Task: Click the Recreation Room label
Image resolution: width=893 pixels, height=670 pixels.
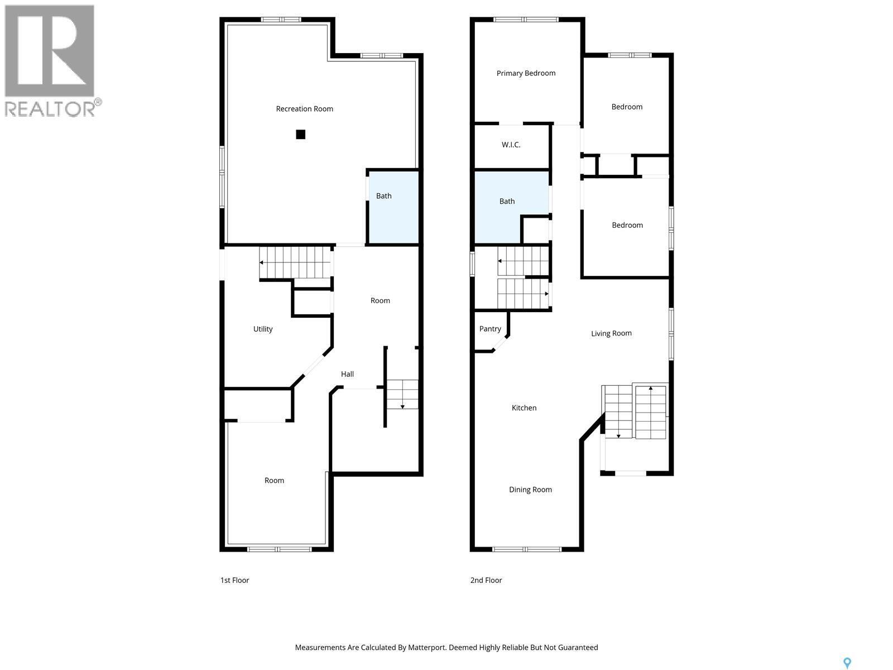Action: coord(304,109)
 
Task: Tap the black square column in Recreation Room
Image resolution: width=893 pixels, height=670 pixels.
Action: coord(301,134)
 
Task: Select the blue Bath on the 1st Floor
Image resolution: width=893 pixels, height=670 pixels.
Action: coord(392,207)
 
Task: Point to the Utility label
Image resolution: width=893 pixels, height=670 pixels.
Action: coord(263,329)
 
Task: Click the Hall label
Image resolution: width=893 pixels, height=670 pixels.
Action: coord(347,374)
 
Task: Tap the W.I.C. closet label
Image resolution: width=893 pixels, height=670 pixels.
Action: coord(511,145)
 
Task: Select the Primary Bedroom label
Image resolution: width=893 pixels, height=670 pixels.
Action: coord(526,73)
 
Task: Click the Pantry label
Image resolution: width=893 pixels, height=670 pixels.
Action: coord(490,329)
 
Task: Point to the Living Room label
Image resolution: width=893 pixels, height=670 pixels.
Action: coord(611,333)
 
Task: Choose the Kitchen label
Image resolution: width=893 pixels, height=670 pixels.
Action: coord(524,408)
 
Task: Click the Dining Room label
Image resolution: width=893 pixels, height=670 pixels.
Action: coord(530,490)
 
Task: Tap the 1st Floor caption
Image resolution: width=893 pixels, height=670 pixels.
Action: coord(234,580)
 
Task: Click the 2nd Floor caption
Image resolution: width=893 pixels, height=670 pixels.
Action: coord(486,580)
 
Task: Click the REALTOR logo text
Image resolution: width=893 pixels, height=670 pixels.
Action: coord(50,108)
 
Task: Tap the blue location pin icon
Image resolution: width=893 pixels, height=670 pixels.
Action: coord(847,663)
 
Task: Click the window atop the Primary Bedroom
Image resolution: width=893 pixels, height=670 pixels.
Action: coord(526,20)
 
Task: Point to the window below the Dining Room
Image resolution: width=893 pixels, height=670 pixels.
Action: coord(527,549)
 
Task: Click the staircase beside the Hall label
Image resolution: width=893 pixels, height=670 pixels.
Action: coord(402,394)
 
